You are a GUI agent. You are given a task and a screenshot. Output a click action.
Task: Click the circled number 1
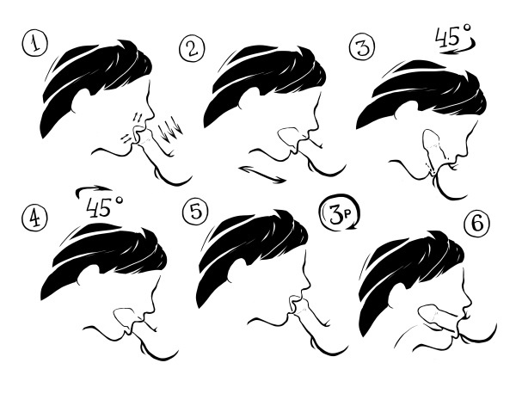35,44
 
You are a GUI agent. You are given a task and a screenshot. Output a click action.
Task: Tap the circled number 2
192,48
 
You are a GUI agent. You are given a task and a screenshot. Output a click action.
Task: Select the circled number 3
362,47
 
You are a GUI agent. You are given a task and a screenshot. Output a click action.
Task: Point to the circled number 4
35,218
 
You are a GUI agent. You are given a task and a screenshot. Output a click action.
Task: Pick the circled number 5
195,212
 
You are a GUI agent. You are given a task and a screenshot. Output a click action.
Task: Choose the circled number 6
476,224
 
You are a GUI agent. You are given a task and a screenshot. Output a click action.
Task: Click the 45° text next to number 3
453,35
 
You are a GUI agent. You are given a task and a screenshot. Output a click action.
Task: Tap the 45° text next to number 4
104,207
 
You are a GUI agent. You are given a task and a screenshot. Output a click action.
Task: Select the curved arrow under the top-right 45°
458,47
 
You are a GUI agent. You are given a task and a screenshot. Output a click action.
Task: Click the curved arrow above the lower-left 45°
94,188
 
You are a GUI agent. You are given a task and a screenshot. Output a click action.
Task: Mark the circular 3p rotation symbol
340,212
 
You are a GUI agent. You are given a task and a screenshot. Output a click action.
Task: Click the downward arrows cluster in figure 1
169,130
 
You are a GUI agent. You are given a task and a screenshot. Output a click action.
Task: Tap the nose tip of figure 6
470,304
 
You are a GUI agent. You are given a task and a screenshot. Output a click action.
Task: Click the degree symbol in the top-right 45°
467,28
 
